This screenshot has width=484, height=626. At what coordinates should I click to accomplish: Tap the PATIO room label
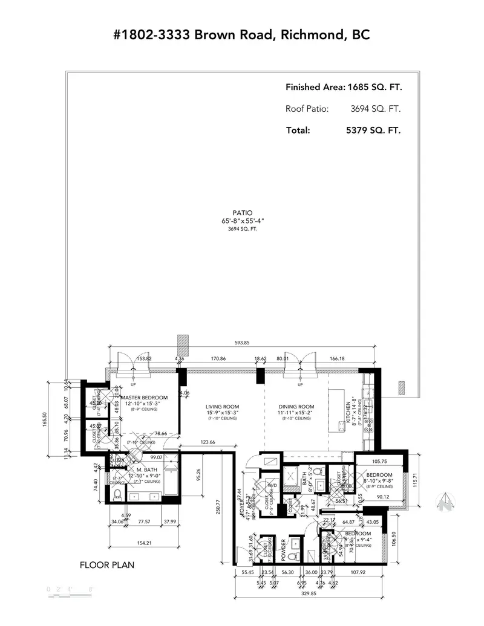coord(242,213)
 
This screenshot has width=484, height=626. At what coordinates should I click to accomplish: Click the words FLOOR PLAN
coord(107,566)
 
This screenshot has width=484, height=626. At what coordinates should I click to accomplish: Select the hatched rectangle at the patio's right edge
coord(400,388)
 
